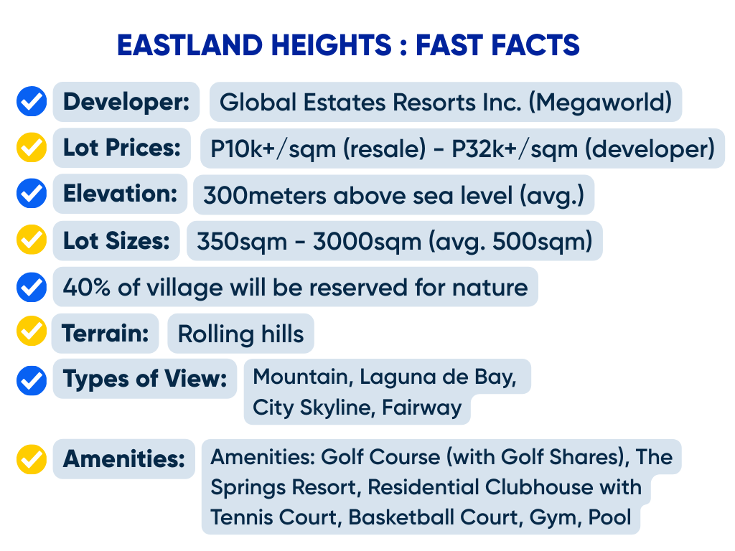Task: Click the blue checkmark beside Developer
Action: coord(32,101)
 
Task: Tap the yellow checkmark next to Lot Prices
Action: coord(32,148)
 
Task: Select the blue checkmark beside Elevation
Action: coord(32,193)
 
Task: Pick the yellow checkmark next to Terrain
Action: coord(32,331)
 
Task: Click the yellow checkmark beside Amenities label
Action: coord(32,459)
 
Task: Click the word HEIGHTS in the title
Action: coord(331,45)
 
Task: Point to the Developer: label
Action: coord(126,102)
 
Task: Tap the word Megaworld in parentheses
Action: coord(601,102)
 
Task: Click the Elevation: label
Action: coord(120,194)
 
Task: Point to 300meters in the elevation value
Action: coord(264,195)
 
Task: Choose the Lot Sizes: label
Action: coord(116,241)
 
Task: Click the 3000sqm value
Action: coord(367,242)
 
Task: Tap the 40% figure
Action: coord(87,287)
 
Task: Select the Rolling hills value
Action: coord(241,334)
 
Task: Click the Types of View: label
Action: coord(145,379)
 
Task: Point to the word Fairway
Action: coord(422,408)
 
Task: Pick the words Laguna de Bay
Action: coord(438,377)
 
